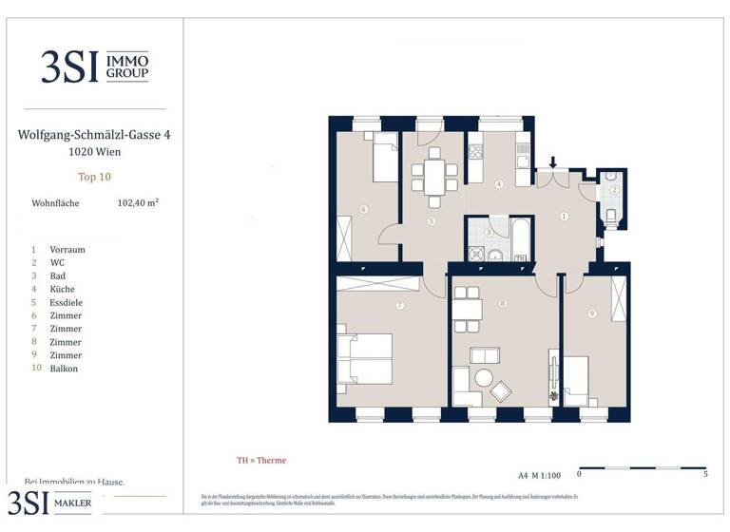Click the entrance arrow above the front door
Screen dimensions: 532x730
click(554, 163)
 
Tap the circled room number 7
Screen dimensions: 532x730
click(400, 305)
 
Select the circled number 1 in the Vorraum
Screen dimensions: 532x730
click(564, 217)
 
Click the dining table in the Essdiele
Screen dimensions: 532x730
click(433, 178)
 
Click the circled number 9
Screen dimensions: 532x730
click(591, 314)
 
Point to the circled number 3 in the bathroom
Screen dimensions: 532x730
click(488, 232)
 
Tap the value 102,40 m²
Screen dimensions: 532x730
click(138, 202)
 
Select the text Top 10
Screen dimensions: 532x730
click(94, 176)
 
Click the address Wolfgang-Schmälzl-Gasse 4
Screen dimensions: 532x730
click(94, 135)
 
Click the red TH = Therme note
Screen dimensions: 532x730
click(261, 461)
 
